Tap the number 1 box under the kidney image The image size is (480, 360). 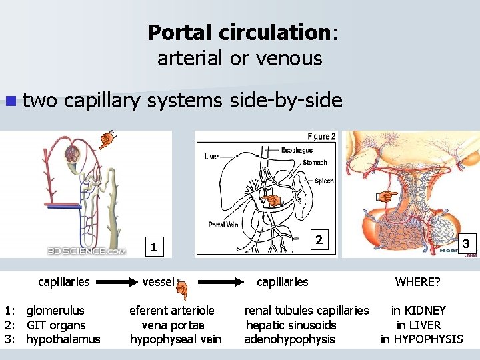pos(153,247)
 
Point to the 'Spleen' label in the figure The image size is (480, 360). pos(324,181)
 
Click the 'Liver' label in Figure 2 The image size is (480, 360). pos(212,157)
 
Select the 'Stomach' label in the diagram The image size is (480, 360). pos(315,162)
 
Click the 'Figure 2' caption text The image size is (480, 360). pos(321,136)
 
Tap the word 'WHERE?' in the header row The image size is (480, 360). pos(417,282)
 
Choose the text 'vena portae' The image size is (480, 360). pos(173,325)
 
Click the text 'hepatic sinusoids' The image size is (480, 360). pos(291,325)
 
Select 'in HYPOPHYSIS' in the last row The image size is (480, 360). pos(421,339)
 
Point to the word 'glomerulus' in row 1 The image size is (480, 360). pos(55,311)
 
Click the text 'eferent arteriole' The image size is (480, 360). pos(172,311)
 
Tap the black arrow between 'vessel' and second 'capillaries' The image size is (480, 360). pos(216,282)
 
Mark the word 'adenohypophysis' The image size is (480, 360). pos(289,339)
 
